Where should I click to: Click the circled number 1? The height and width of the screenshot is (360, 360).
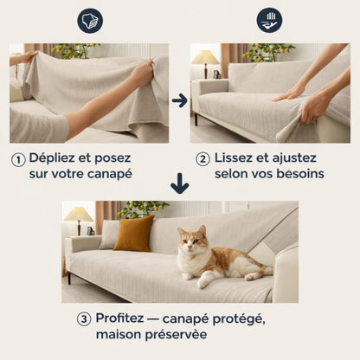[x=17, y=159]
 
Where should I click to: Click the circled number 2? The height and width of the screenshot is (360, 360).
[x=202, y=159]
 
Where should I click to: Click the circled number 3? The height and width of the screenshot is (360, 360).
[x=84, y=318]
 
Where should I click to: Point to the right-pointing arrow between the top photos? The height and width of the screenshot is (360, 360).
[x=179, y=100]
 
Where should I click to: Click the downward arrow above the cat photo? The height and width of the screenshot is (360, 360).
[x=179, y=183]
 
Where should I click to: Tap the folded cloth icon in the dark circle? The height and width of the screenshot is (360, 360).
[x=89, y=21]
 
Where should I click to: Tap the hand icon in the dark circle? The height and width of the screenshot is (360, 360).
[x=269, y=21]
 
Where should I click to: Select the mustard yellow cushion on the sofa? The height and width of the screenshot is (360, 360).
[x=133, y=234]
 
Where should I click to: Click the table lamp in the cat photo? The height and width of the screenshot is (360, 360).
[x=78, y=215]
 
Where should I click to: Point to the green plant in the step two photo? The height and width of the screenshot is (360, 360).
[x=263, y=52]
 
